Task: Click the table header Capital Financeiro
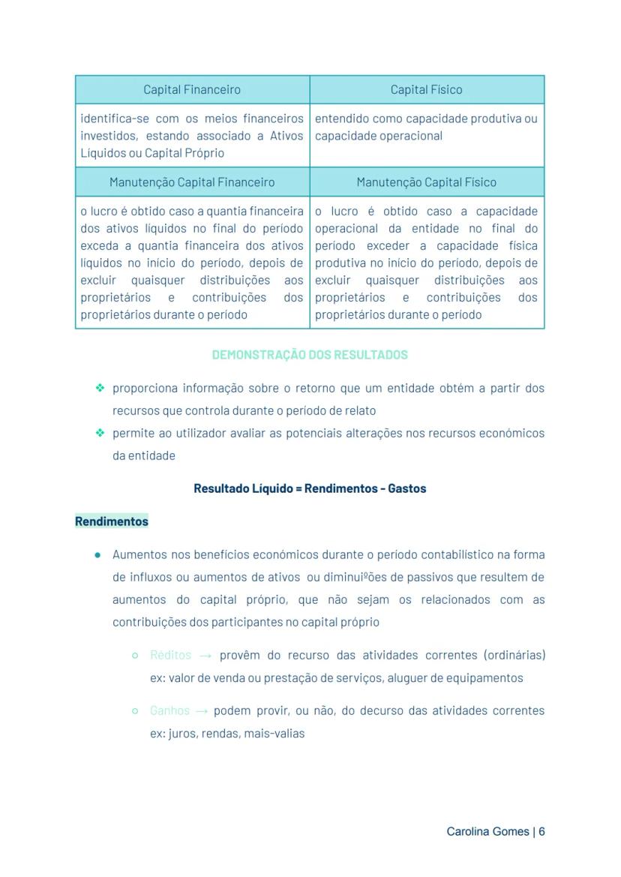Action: pyautogui.click(x=192, y=90)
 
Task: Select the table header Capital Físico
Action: pyautogui.click(x=426, y=90)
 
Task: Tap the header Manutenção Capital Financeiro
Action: pyautogui.click(x=192, y=182)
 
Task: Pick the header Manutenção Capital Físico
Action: pyautogui.click(x=426, y=182)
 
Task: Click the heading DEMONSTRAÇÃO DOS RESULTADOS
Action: pyautogui.click(x=310, y=355)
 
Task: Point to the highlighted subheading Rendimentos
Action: pyautogui.click(x=112, y=521)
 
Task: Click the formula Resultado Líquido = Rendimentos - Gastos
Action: pyautogui.click(x=310, y=488)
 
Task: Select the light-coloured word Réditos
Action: pyautogui.click(x=170, y=655)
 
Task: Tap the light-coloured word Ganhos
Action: pyautogui.click(x=169, y=710)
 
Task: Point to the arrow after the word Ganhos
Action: pyautogui.click(x=202, y=710)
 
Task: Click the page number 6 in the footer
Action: pyautogui.click(x=541, y=832)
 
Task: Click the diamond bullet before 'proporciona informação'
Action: pyautogui.click(x=99, y=388)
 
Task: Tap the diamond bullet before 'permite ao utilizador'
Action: pyautogui.click(x=99, y=433)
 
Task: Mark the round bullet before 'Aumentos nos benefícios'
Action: pyautogui.click(x=98, y=555)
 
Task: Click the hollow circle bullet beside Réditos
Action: pyautogui.click(x=135, y=655)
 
